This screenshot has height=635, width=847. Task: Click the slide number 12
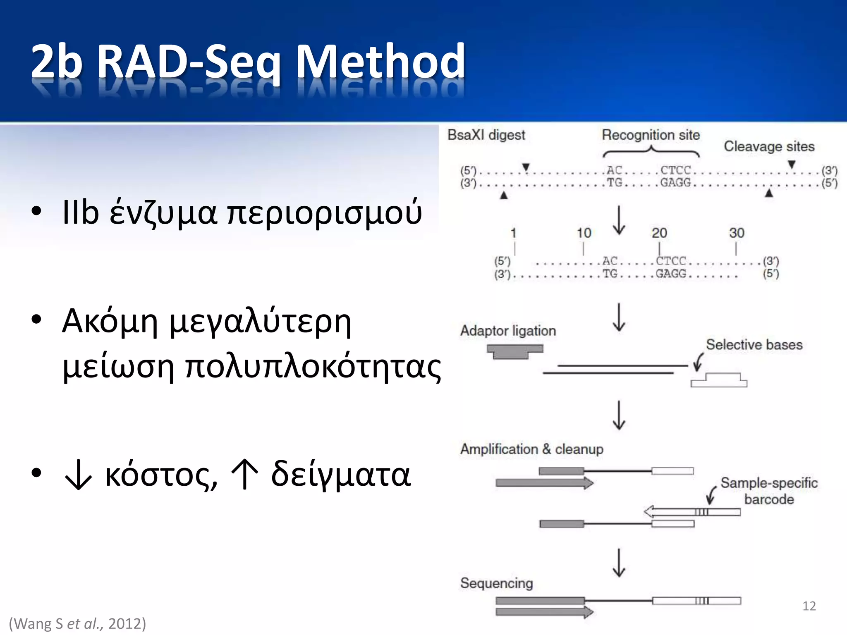coord(809,606)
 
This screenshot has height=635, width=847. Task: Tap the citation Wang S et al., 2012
coord(77,623)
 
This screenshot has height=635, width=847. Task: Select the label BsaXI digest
coord(486,135)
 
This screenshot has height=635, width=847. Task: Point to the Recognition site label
coord(651,135)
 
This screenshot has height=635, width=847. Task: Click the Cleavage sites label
coord(769,146)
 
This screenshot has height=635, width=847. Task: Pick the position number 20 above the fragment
coord(659,233)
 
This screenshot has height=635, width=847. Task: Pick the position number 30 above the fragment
coord(737,233)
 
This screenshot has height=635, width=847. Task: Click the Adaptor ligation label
coord(508,331)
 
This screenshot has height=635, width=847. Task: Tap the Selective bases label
coord(754,344)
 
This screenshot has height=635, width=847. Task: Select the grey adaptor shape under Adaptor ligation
coord(514,351)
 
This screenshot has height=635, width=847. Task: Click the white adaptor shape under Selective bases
coord(719,381)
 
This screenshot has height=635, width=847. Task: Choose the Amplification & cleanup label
coord(531,449)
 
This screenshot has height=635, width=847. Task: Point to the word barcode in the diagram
coord(769,499)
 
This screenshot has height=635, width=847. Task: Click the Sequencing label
coord(496,583)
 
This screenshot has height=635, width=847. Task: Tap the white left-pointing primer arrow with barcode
coord(692,512)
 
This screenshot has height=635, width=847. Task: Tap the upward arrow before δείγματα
coord(245,475)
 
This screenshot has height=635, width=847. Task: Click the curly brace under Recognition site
coord(651,153)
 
